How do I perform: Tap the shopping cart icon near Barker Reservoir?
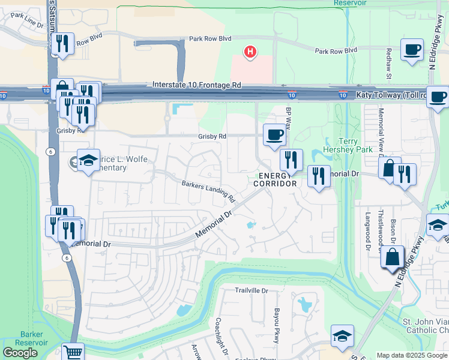[x=73, y=352]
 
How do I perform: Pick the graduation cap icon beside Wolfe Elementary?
[x=88, y=160]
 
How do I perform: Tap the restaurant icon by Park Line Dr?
[x=62, y=43]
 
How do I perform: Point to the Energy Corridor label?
[x=277, y=179]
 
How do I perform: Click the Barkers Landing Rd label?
[x=208, y=191]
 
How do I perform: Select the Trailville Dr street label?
[x=251, y=290]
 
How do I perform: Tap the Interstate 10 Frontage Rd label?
[x=196, y=86]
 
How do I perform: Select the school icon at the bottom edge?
[x=342, y=335]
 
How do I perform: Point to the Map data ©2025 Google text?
[x=411, y=355]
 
